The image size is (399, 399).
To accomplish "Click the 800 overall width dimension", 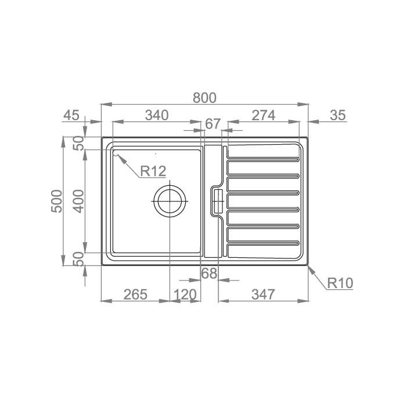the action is tap(204, 98).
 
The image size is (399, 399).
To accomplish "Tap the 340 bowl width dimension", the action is tap(157, 115).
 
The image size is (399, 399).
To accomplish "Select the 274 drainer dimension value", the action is tap(263, 115).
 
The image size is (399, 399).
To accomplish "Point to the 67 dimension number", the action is tap(213, 124).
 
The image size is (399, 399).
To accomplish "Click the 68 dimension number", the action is tap(209, 274).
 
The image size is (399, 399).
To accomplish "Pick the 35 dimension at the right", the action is tap(337, 115).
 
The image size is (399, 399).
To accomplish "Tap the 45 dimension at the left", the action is tap(71, 115).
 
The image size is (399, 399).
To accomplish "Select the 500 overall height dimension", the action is tap(56, 201).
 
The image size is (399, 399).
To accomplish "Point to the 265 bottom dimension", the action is tap(135, 294).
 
